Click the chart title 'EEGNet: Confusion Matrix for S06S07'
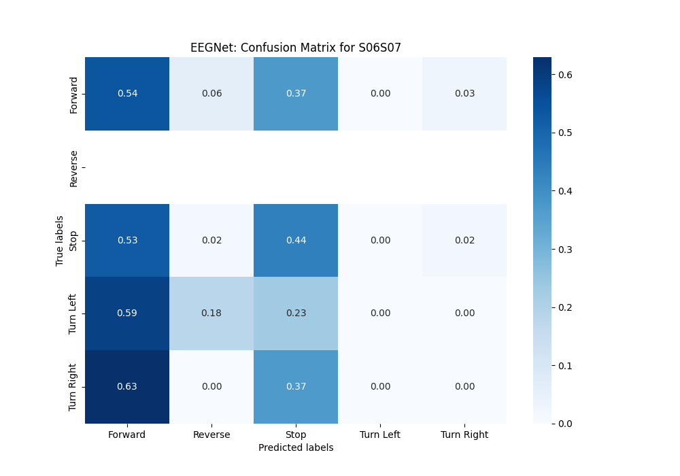pos(296,48)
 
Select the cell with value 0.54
pos(127,93)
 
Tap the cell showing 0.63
pos(127,386)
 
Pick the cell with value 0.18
pos(211,313)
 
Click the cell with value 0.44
pos(296,240)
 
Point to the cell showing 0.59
pos(127,313)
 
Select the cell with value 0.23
pos(296,313)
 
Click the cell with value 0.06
pos(211,93)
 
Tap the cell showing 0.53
pos(127,240)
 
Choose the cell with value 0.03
pos(464,93)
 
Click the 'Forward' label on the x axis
pos(127,435)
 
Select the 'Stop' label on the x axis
pos(296,435)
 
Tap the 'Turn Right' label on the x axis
pos(464,435)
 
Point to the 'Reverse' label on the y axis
pos(74,168)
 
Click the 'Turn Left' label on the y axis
pos(74,313)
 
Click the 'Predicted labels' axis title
pos(296,447)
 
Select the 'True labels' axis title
pos(61,240)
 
